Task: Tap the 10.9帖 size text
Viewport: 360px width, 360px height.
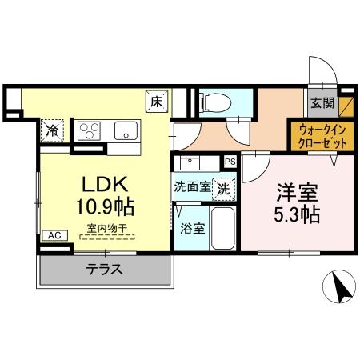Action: pos(105,206)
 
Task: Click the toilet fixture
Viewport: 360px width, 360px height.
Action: pos(212,102)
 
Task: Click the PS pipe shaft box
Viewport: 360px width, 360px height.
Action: pos(230,161)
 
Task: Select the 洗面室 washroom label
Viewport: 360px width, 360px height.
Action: pos(192,190)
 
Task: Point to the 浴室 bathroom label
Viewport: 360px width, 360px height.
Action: pos(191,228)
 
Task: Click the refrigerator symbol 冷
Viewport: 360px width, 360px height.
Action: pos(52,129)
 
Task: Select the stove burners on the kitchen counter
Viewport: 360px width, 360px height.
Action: pos(88,130)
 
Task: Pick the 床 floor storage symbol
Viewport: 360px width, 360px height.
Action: pos(157,102)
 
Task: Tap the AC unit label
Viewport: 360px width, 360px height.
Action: pos(54,235)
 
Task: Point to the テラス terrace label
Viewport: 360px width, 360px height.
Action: pos(105,270)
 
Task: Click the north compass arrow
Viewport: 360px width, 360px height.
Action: pos(340,286)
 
